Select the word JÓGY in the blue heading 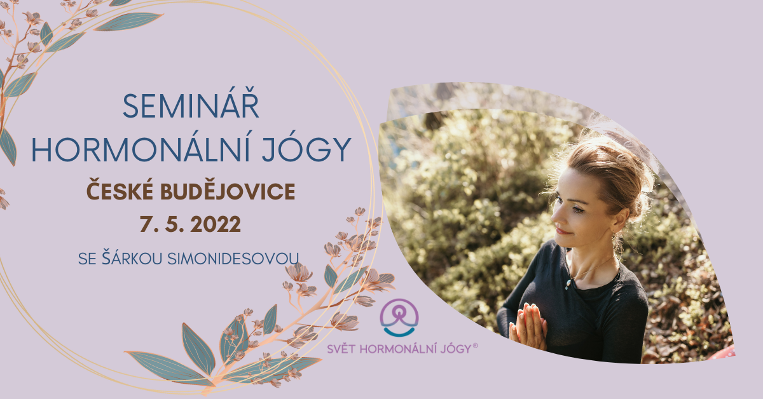click(x=306, y=149)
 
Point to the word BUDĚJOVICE click(x=228, y=191)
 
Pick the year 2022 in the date click(x=216, y=225)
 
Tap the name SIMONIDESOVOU click(x=233, y=259)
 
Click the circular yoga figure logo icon click(x=399, y=318)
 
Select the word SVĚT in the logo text click(x=341, y=348)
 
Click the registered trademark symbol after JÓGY click(x=475, y=346)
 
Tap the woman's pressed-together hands click(x=528, y=325)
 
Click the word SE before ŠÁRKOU click(x=87, y=259)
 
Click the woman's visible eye click(x=576, y=209)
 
